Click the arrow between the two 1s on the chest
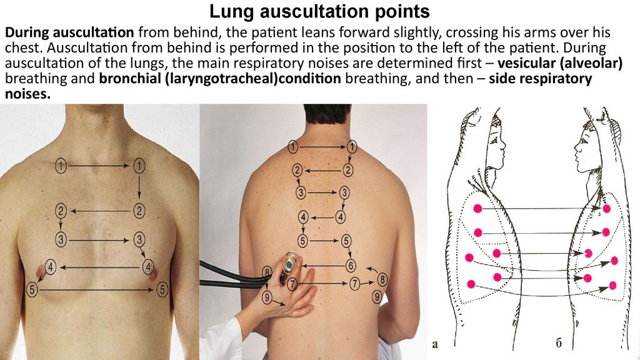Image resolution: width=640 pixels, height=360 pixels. point(99,166)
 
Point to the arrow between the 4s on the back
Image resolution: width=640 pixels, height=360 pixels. point(321,217)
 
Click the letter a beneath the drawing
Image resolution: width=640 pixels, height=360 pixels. point(436,343)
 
